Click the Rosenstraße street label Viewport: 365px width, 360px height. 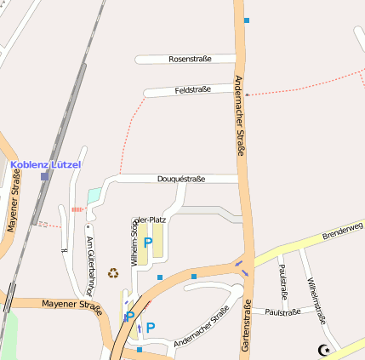(190, 60)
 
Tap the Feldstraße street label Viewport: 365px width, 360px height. (192, 89)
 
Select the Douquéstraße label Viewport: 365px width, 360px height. (181, 179)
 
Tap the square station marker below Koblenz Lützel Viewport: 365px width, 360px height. (44, 176)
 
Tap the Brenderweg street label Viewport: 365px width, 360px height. (342, 231)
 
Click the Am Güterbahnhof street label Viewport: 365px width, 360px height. (89, 265)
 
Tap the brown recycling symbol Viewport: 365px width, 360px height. (113, 273)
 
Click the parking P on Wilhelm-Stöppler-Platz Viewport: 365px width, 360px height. (147, 243)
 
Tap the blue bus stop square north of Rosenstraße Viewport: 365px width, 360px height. (247, 20)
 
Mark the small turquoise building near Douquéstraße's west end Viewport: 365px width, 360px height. (94, 195)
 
